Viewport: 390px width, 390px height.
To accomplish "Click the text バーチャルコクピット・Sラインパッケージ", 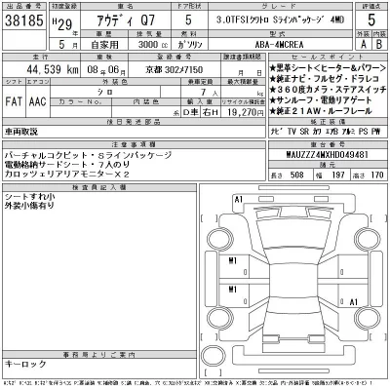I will (78, 155).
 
